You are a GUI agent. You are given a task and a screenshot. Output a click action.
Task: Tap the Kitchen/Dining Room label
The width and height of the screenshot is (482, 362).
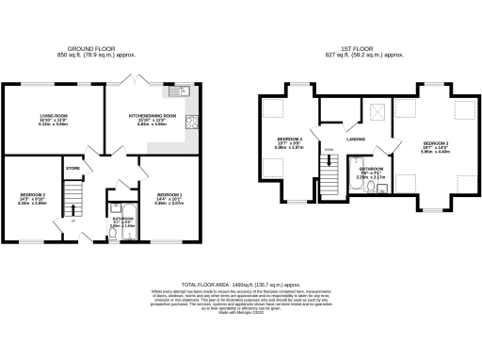click(153, 115)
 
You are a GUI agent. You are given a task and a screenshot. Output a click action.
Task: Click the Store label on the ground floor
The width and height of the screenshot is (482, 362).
click(72, 168)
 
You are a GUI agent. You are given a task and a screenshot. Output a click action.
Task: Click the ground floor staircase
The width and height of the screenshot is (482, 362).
click(79, 200)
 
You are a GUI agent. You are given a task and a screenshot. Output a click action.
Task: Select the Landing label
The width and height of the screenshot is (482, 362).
click(356, 139)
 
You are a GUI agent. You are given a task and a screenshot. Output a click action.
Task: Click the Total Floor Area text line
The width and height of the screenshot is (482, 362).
click(241, 283)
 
